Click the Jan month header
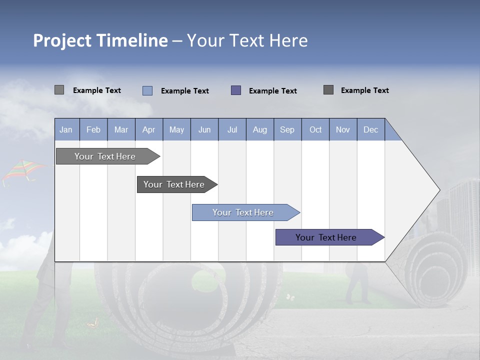tap(66, 129)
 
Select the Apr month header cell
tap(149, 129)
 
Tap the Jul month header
tap(232, 129)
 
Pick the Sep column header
tap(287, 129)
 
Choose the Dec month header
tap(370, 129)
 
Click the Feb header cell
tap(93, 129)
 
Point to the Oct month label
tap(315, 129)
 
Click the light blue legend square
tap(147, 90)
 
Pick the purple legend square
tap(236, 90)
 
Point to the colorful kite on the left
tap(22, 171)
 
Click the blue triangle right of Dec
tap(391, 133)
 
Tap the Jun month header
tap(204, 129)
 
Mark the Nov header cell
tap(343, 129)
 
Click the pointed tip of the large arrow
tap(438, 190)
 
